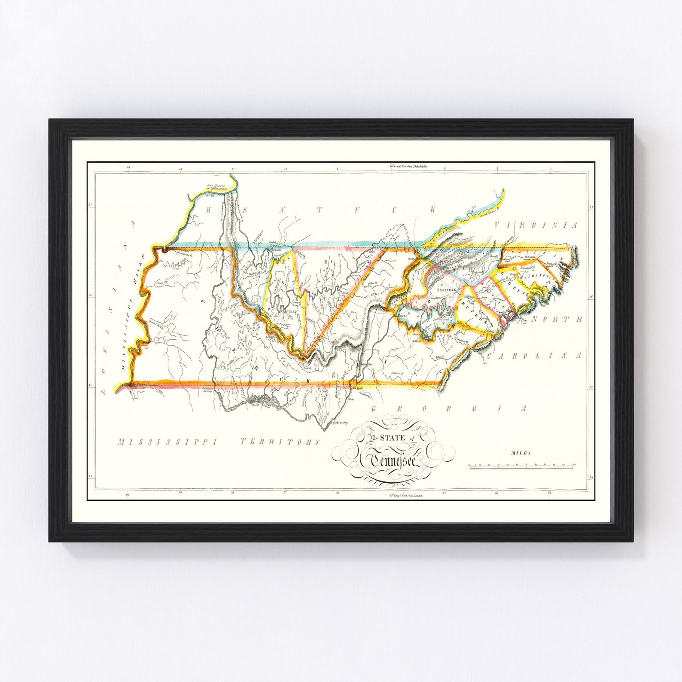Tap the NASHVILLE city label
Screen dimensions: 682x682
tap(288, 311)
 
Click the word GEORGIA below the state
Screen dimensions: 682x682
tap(448, 408)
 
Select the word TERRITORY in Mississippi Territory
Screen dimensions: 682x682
tap(280, 441)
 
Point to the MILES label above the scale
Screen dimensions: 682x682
tap(521, 453)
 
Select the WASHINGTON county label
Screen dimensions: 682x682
tap(537, 277)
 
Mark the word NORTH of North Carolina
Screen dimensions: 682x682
tap(557, 320)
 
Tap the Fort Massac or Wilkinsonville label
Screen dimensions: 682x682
tap(217, 188)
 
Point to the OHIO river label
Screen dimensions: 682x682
tap(210, 196)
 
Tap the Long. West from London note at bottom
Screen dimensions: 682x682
tap(405, 496)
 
